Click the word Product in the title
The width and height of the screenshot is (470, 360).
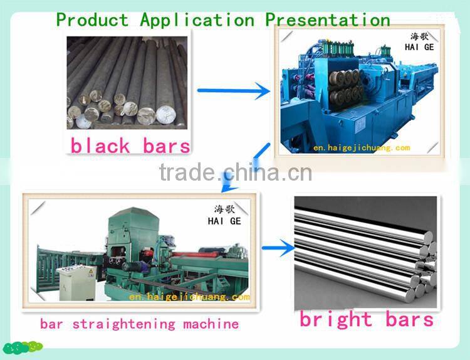click(x=92, y=19)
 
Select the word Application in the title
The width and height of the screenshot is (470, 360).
click(x=197, y=19)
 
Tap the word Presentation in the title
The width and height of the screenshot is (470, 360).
click(x=327, y=19)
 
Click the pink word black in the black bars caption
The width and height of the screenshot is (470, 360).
click(x=100, y=146)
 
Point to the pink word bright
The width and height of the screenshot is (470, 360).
click(x=336, y=319)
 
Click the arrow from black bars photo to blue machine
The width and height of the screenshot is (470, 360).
click(x=233, y=92)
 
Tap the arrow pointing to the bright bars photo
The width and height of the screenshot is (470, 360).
click(x=278, y=249)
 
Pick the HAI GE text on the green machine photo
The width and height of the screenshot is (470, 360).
click(x=224, y=221)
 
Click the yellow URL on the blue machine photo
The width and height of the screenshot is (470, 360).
click(x=362, y=148)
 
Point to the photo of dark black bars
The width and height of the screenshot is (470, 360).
click(x=128, y=82)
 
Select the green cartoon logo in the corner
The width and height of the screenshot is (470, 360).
click(x=22, y=347)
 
